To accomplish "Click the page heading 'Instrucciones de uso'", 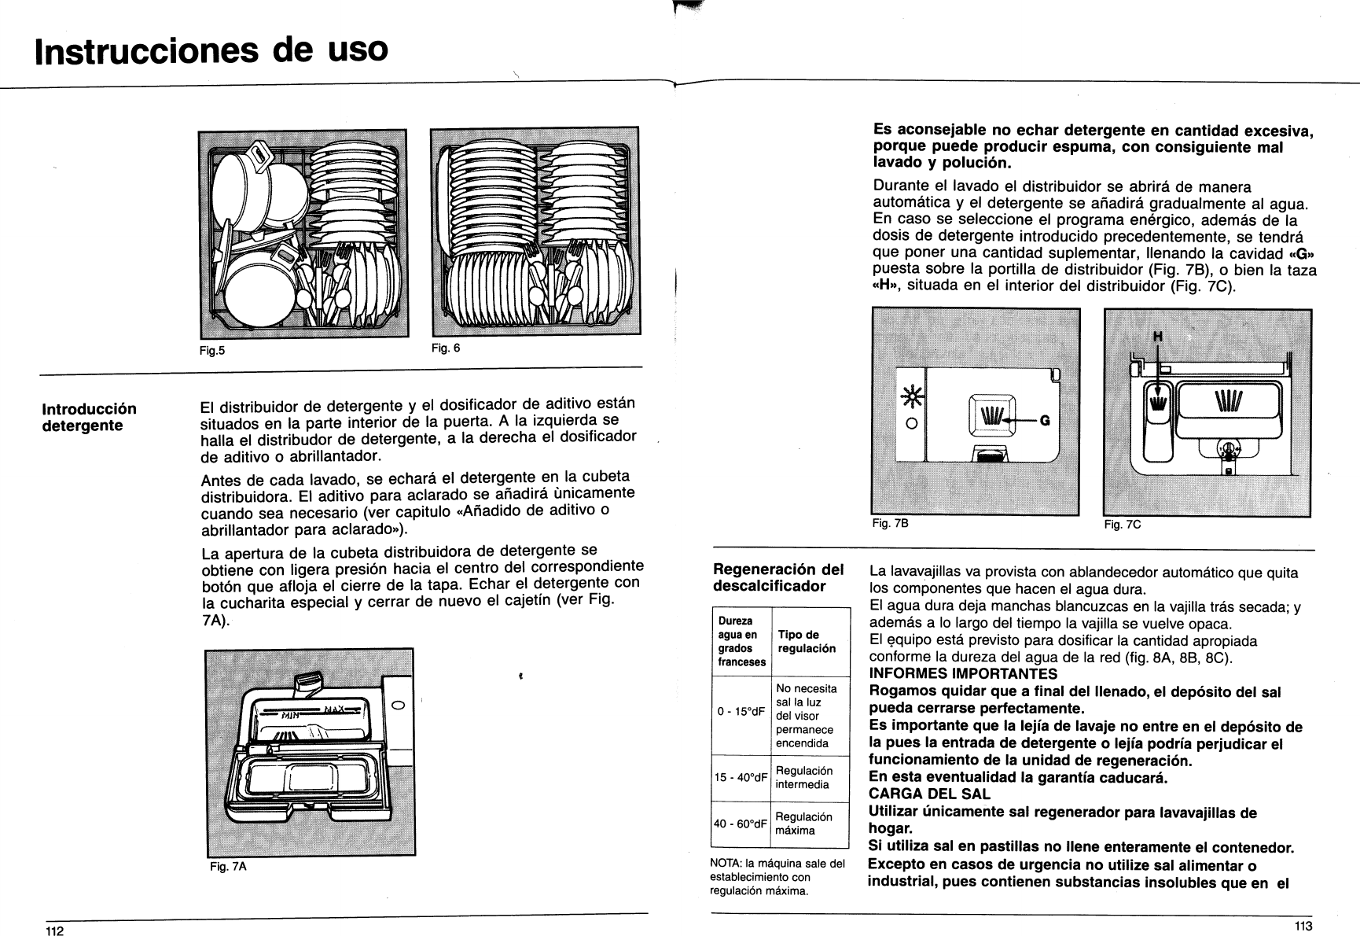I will click(x=212, y=50).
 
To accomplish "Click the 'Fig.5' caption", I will click(x=211, y=351).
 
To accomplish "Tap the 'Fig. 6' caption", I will click(x=445, y=348).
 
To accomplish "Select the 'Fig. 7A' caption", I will click(x=228, y=866).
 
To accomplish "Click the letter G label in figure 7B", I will click(x=1045, y=420).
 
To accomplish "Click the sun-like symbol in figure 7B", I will click(x=911, y=399).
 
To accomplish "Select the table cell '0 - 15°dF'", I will click(x=741, y=712).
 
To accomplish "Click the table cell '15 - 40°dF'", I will click(x=741, y=777).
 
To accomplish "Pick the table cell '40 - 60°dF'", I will click(x=741, y=824).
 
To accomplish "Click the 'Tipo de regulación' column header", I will click(x=807, y=641).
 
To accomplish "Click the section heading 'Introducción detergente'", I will click(x=89, y=417).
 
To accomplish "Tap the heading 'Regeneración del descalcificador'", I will click(x=777, y=577).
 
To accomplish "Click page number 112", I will click(x=53, y=930).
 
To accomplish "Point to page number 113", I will click(x=1303, y=926).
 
